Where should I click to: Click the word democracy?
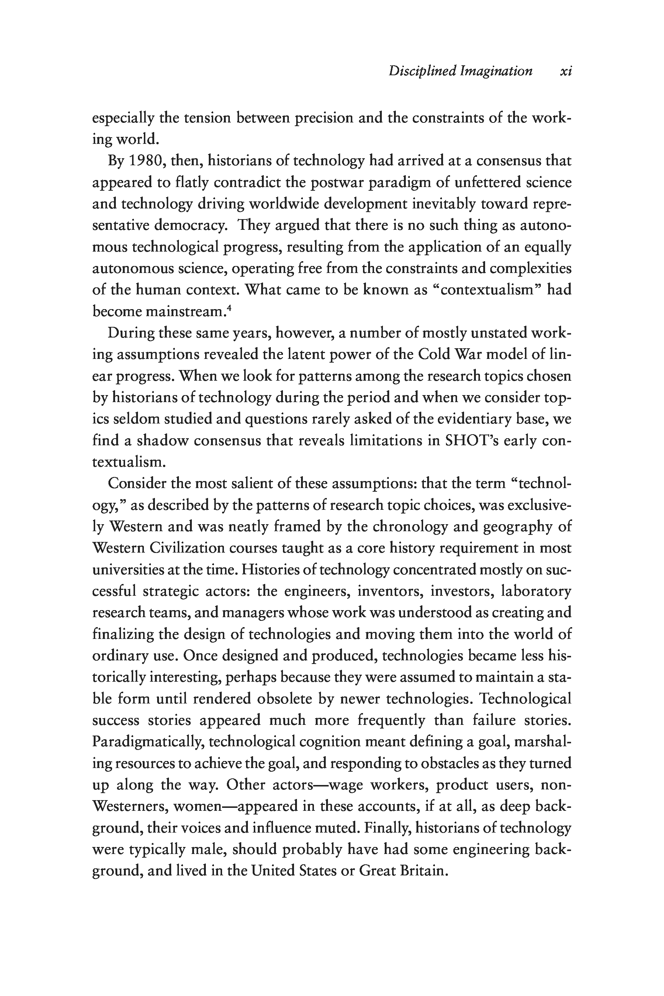(193, 225)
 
